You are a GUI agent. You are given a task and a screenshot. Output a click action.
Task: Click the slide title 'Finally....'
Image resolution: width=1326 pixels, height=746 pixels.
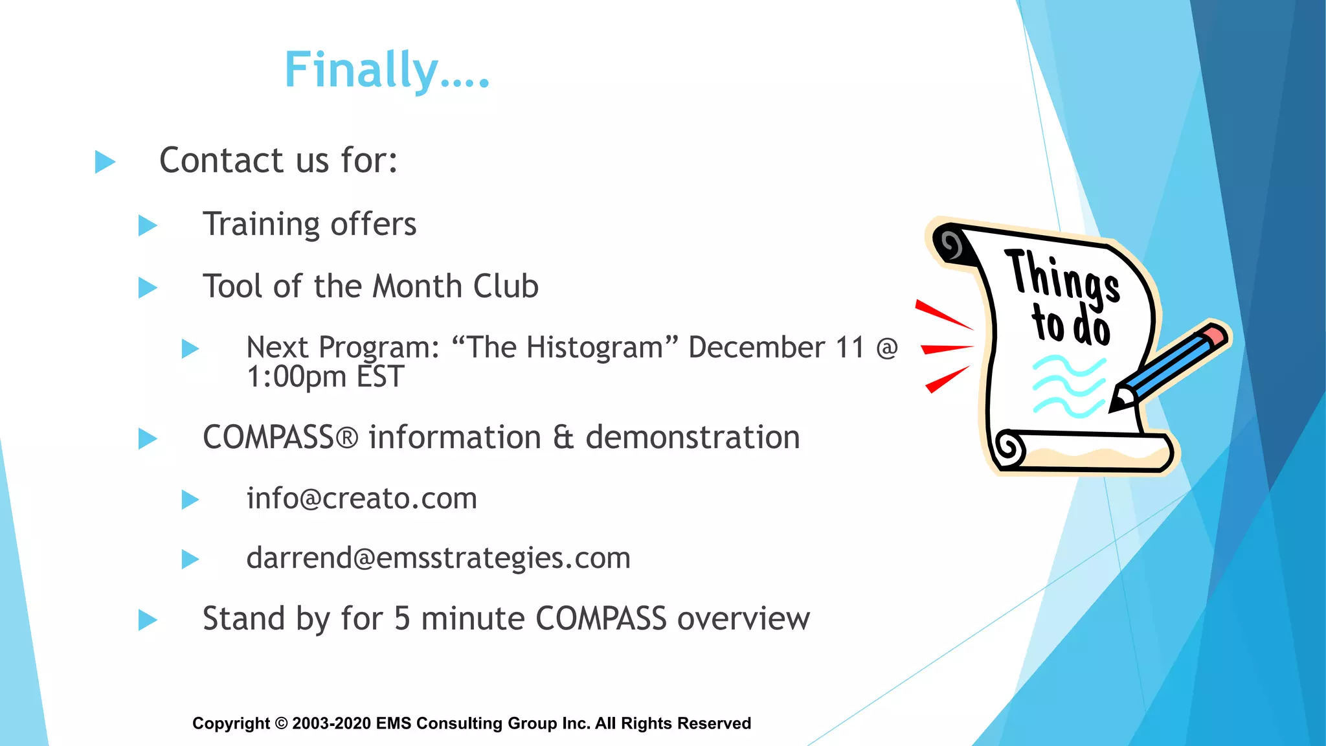point(387,70)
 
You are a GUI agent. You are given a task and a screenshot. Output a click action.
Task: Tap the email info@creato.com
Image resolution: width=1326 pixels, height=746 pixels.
point(361,499)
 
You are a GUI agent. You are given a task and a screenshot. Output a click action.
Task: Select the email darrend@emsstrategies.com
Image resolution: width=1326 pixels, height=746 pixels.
point(438,558)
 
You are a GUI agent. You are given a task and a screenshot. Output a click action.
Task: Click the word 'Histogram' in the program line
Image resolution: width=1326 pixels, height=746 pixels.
point(594,348)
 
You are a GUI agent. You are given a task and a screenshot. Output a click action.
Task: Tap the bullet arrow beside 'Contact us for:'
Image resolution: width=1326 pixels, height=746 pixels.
point(105,162)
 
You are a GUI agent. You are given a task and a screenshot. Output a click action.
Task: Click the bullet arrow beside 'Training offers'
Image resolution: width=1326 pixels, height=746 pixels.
point(148,226)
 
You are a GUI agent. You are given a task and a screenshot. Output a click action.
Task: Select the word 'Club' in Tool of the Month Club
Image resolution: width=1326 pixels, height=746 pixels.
point(506,286)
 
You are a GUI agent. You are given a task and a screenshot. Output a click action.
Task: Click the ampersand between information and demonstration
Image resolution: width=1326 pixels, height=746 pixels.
point(563,438)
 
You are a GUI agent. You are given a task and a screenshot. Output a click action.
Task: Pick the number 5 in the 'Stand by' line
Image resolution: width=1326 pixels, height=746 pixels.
point(402,618)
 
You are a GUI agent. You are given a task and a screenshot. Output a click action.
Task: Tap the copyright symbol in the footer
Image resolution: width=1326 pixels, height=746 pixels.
point(281,723)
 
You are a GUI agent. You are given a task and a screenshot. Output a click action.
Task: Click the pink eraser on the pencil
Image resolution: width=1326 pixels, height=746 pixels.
point(1215,335)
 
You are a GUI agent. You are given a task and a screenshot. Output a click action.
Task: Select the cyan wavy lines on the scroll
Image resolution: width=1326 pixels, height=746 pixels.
point(1068,387)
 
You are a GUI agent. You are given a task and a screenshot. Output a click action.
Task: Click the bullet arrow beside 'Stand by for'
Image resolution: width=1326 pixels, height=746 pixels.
point(148,620)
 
